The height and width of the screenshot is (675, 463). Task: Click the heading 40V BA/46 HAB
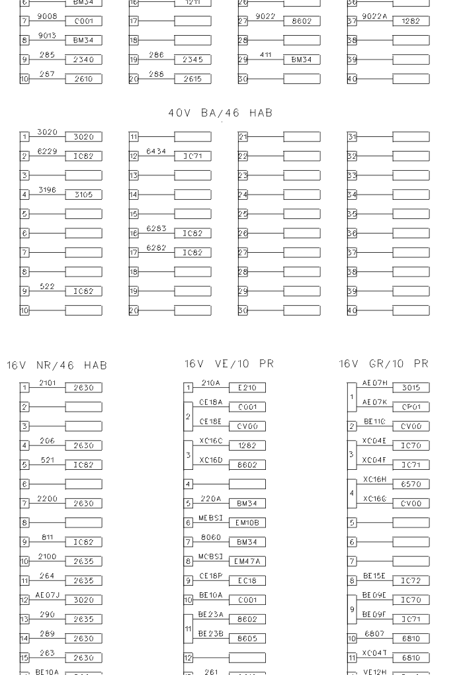click(220, 113)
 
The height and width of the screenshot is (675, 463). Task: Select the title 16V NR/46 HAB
click(57, 365)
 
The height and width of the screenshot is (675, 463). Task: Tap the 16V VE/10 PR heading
click(229, 364)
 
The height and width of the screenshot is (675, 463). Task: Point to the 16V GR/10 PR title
click(384, 364)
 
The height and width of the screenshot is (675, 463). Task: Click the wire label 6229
click(47, 152)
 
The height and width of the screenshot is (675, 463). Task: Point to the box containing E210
click(247, 388)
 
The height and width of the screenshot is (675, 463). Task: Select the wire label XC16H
click(374, 480)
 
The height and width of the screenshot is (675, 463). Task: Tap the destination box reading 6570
click(411, 484)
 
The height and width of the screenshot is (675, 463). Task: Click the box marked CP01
click(411, 407)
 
